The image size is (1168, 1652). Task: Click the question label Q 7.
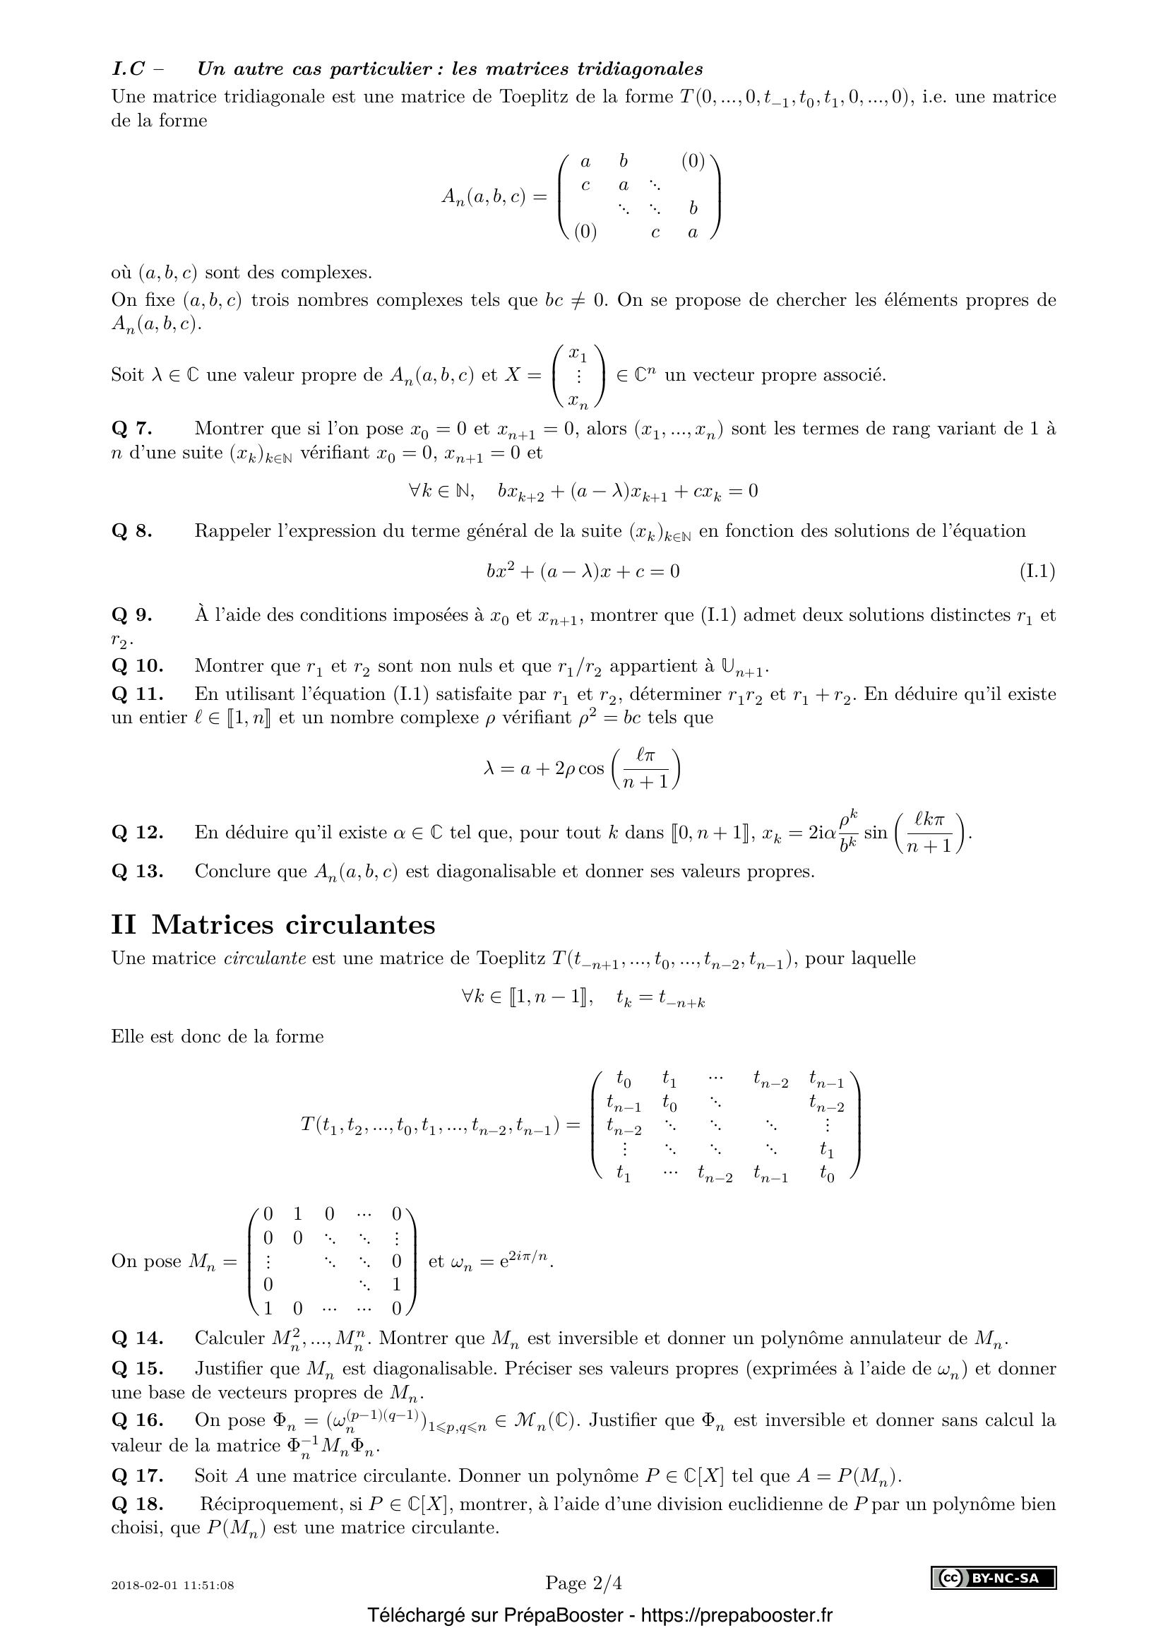click(x=132, y=429)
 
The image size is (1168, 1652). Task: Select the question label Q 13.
click(x=138, y=872)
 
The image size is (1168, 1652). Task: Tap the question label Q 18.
click(x=138, y=1504)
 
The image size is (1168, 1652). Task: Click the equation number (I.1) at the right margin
click(x=1037, y=571)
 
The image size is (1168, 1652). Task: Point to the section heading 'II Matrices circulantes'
click(x=273, y=925)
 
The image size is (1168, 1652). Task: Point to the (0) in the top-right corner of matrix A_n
click(x=693, y=162)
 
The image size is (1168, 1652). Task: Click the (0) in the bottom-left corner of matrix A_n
click(x=585, y=232)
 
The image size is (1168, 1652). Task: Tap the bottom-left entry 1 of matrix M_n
click(x=268, y=1307)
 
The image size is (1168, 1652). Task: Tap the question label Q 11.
click(x=138, y=694)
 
